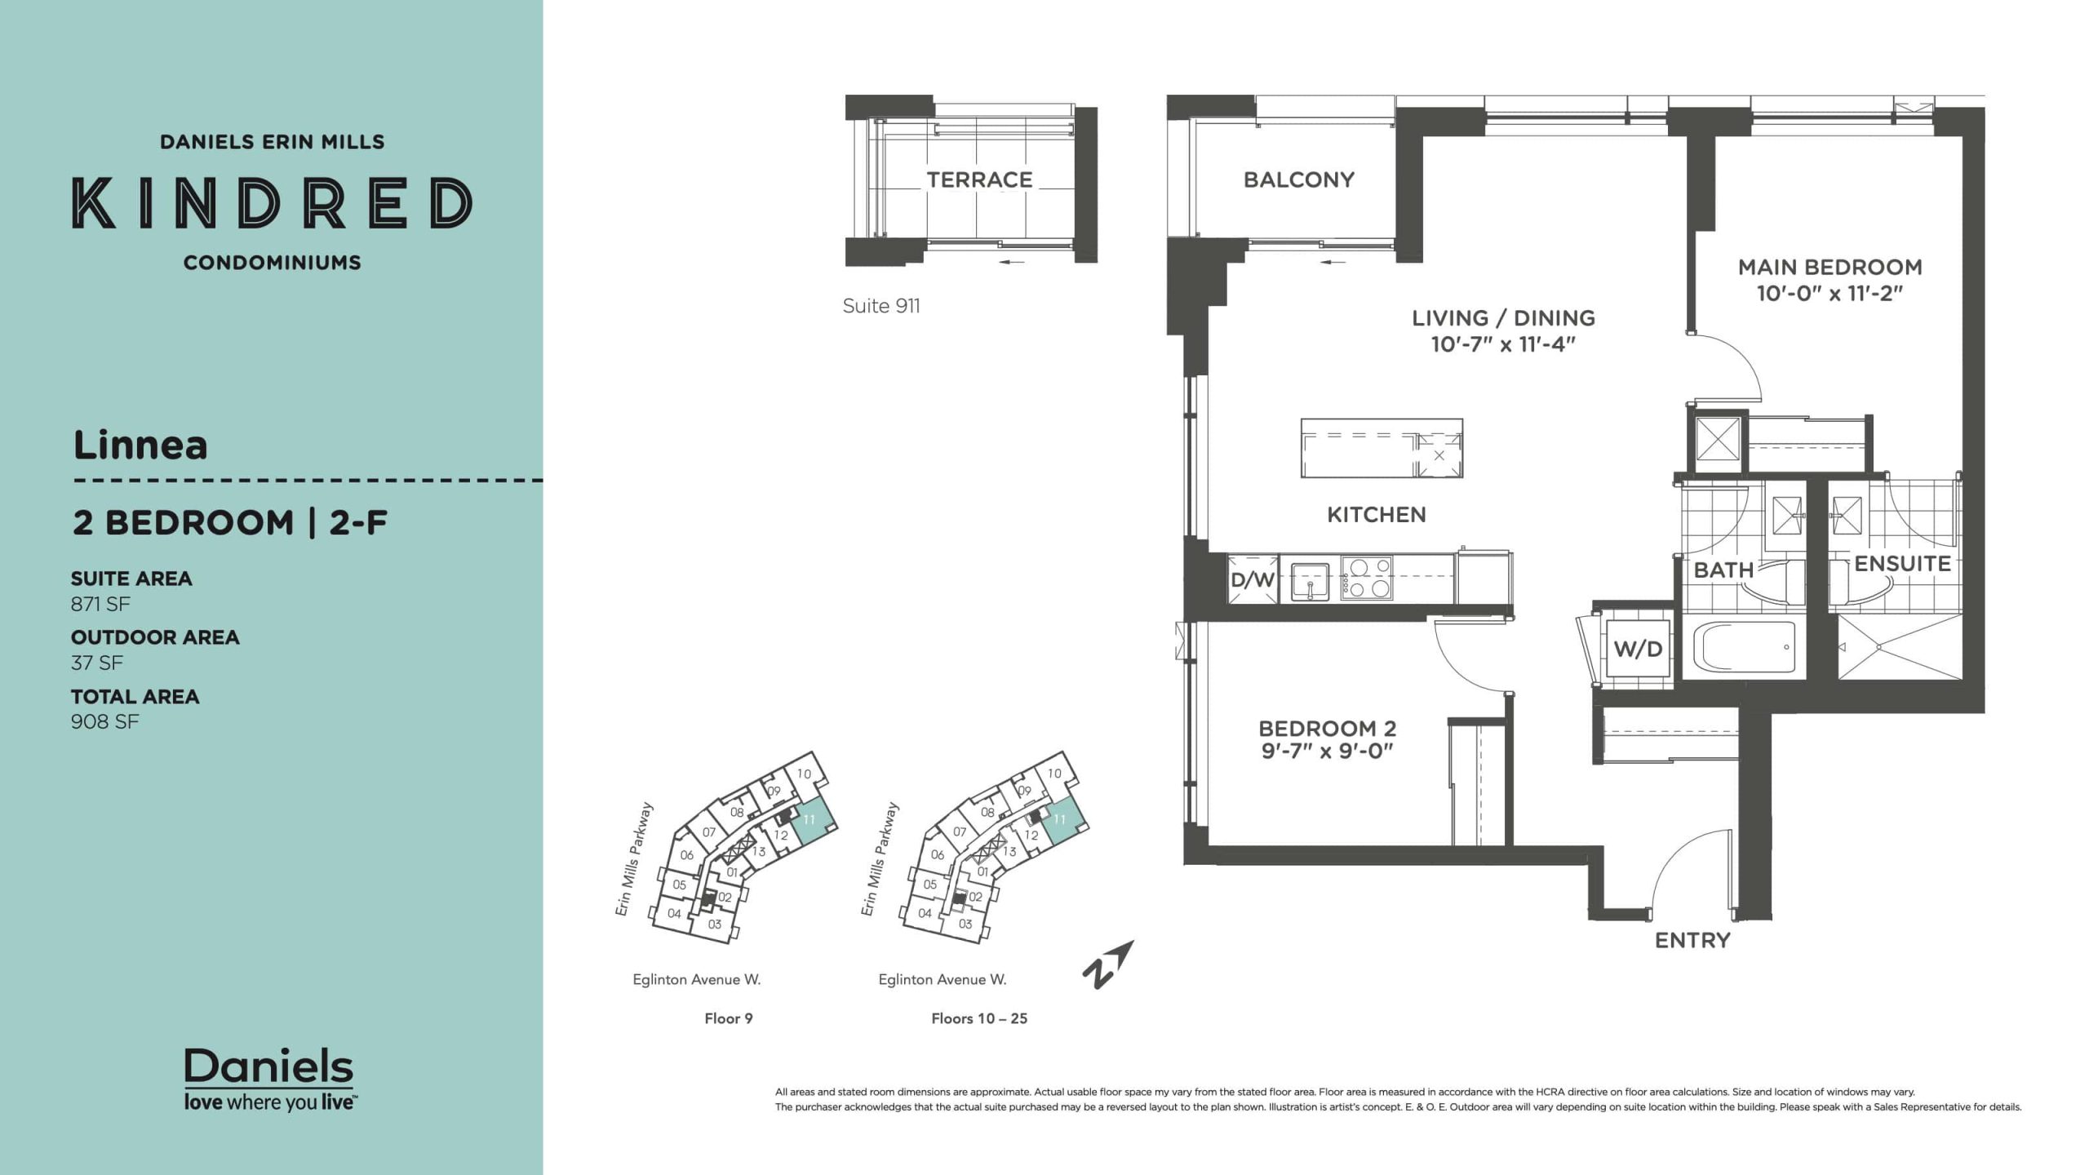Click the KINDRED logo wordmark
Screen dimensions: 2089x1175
273,202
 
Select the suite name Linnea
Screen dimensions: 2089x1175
140,446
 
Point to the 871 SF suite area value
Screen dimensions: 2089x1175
100,604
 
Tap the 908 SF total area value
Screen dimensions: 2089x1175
104,721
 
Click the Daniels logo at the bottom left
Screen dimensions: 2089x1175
269,1079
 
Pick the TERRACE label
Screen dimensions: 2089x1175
979,180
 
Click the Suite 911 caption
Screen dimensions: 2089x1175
881,306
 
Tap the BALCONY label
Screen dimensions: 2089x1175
1299,180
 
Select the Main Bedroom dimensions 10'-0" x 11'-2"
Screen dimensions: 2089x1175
1830,293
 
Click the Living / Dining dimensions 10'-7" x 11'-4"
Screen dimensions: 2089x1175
1503,344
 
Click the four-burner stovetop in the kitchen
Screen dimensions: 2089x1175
1366,579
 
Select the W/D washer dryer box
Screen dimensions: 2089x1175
1638,649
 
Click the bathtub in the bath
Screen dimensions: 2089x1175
1745,647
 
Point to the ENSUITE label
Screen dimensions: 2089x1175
1902,564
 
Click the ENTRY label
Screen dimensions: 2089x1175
1692,941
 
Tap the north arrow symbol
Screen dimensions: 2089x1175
1107,965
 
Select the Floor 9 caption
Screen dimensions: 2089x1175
729,1018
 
